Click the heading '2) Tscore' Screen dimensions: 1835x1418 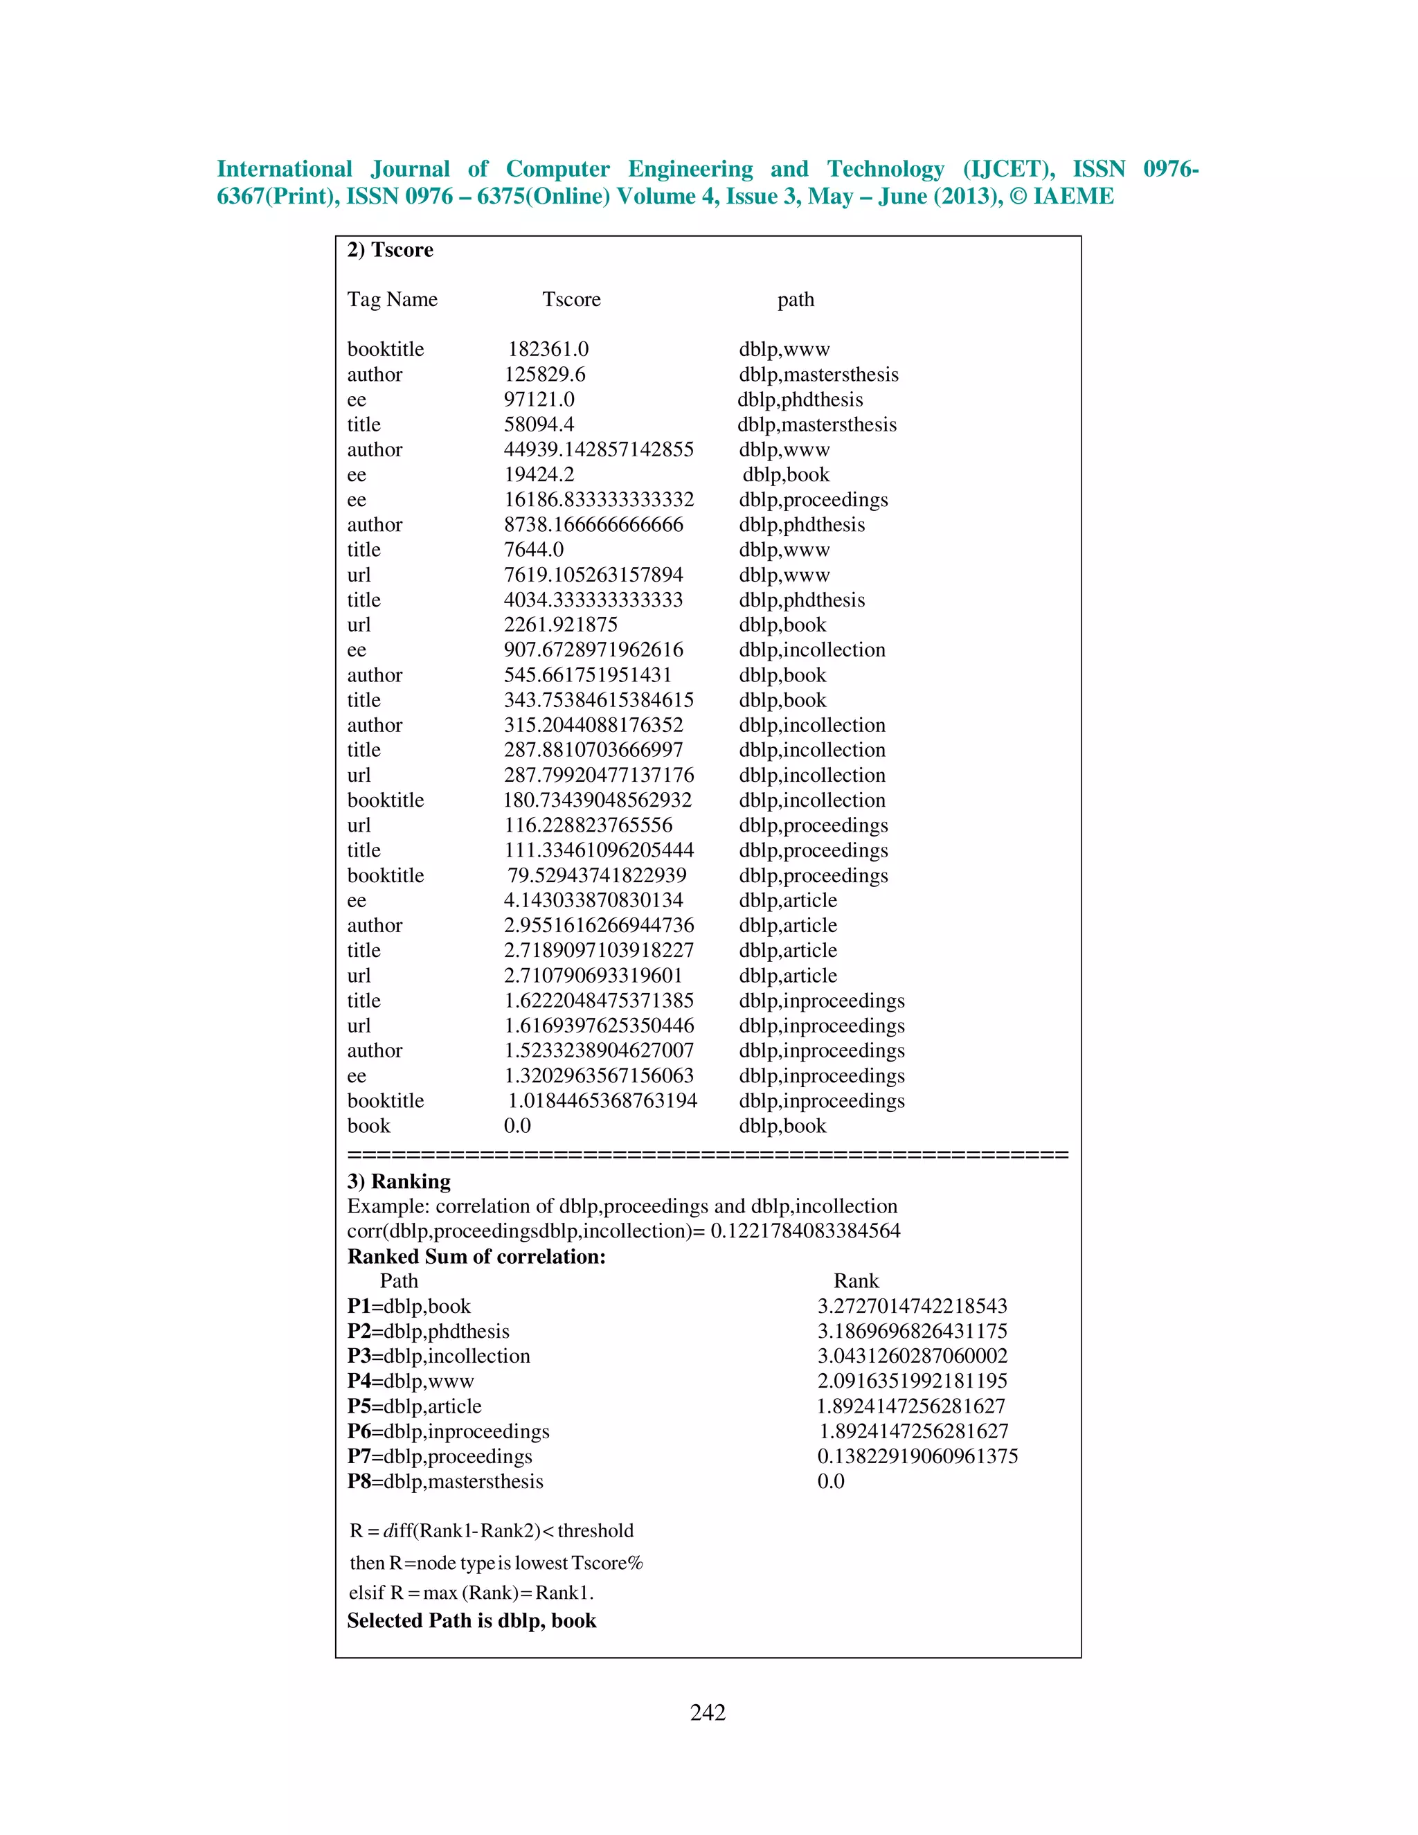(x=390, y=251)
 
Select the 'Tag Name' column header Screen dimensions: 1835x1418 (x=393, y=300)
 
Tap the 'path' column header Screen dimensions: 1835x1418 (x=795, y=300)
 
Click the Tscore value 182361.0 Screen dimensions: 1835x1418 (x=548, y=350)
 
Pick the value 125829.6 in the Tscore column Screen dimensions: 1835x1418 (x=544, y=375)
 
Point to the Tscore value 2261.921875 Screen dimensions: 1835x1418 (x=560, y=625)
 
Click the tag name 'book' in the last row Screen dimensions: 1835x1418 (x=369, y=1126)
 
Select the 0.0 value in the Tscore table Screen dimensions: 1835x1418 (x=517, y=1126)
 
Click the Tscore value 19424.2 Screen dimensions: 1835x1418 (x=539, y=475)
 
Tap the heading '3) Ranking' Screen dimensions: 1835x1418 (x=399, y=1181)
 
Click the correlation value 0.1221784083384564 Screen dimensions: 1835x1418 (x=805, y=1231)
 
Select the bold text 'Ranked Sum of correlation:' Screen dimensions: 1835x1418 (x=476, y=1257)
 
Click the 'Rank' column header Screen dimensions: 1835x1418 (x=855, y=1281)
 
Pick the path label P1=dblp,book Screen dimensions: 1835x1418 (x=409, y=1307)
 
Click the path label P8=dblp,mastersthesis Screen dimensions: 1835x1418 (x=445, y=1481)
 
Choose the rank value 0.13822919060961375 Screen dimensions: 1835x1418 (x=917, y=1456)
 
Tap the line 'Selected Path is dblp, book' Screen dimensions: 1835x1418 (x=472, y=1621)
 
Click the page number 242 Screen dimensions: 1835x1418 (x=708, y=1712)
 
